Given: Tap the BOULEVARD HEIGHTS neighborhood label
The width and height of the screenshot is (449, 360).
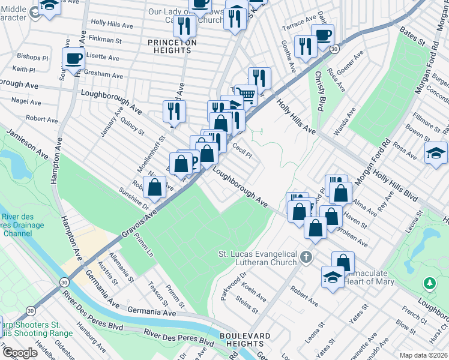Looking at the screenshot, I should tap(241, 340).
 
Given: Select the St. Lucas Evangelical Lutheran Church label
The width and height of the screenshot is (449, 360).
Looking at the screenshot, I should tap(258, 258).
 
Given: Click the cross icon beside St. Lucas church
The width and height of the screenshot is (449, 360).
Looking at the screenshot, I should tap(307, 258).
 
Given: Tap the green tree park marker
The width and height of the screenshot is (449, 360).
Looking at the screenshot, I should tap(429, 282).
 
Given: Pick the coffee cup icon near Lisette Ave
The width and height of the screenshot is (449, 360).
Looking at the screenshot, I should tap(74, 58).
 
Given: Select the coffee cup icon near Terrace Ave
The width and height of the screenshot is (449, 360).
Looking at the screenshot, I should tap(322, 35).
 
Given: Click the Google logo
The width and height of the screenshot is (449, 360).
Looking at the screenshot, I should tap(20, 353).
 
